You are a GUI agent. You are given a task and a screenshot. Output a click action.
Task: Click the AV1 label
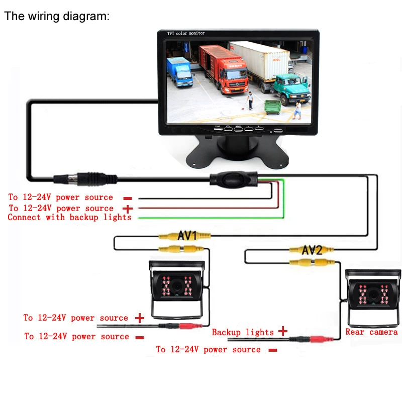(x=187, y=235)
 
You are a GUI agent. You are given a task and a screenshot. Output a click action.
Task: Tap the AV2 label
(x=312, y=250)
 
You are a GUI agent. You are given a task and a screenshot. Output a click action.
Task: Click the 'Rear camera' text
(x=371, y=332)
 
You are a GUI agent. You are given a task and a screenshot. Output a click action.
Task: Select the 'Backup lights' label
(x=243, y=332)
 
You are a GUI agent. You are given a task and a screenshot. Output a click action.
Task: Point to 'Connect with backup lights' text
(x=69, y=217)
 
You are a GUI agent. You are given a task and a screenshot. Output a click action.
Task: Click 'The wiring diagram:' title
(x=57, y=16)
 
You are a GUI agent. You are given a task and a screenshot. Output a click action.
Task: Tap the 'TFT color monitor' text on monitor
(x=186, y=33)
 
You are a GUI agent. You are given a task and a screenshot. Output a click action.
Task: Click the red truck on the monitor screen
(x=225, y=69)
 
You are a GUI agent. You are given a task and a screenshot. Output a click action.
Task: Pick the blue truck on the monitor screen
(x=179, y=72)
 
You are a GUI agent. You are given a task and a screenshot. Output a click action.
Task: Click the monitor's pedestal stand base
(x=237, y=152)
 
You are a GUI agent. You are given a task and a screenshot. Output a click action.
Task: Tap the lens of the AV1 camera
(x=177, y=285)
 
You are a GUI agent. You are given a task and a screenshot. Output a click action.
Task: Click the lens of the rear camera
(x=373, y=294)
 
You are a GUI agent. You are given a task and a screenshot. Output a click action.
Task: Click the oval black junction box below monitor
(x=233, y=179)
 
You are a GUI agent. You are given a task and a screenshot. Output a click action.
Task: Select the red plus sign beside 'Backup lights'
(x=282, y=331)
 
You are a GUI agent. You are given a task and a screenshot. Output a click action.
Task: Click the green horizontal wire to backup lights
(x=211, y=218)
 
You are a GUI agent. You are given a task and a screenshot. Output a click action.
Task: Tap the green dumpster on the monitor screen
(x=272, y=107)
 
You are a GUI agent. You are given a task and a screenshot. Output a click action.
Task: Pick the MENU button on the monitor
(x=238, y=129)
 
